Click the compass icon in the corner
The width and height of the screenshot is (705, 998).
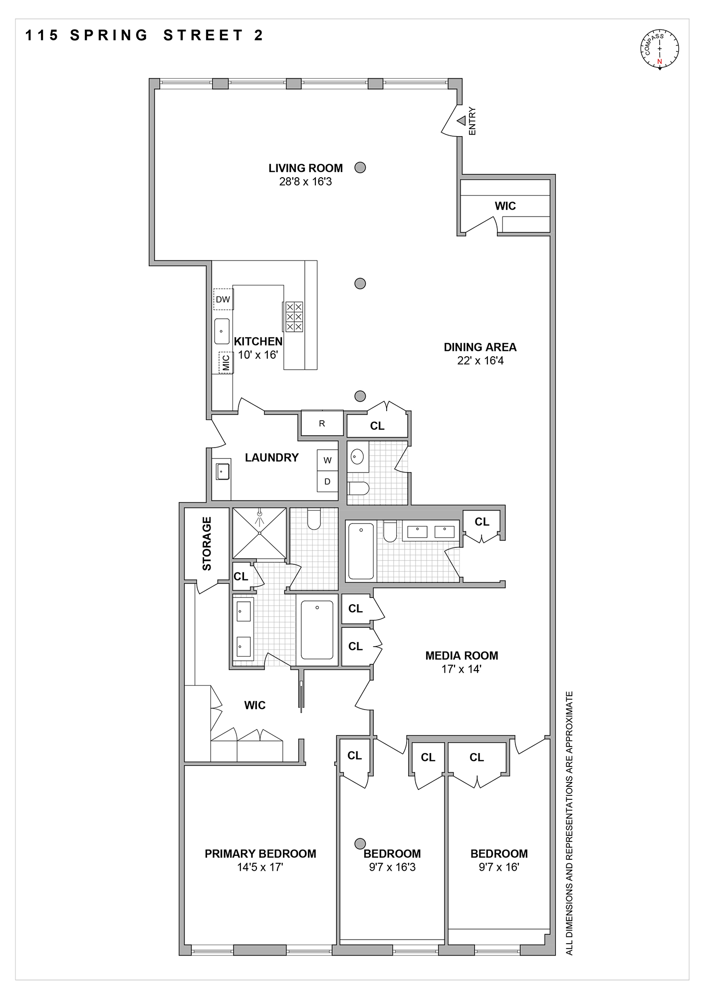pyautogui.click(x=660, y=48)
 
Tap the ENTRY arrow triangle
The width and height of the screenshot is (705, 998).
pyautogui.click(x=462, y=120)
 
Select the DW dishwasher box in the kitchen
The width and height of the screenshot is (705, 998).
pyautogui.click(x=223, y=299)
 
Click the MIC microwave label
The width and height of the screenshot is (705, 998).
pyautogui.click(x=226, y=363)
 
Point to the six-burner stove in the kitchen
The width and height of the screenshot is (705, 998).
pyautogui.click(x=294, y=316)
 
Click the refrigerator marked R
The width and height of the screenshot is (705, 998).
pyautogui.click(x=322, y=424)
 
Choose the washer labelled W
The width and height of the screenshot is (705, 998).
pyautogui.click(x=327, y=460)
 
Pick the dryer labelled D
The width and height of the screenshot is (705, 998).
pyautogui.click(x=327, y=482)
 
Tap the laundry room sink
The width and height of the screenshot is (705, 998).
pyautogui.click(x=223, y=472)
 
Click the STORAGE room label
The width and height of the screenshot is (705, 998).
pyautogui.click(x=207, y=543)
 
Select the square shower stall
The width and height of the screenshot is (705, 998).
pyautogui.click(x=259, y=533)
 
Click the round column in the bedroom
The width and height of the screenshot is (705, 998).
pyautogui.click(x=360, y=843)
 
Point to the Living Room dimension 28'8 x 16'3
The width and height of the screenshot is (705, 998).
pyautogui.click(x=305, y=182)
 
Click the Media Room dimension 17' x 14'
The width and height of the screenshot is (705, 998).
pyautogui.click(x=461, y=669)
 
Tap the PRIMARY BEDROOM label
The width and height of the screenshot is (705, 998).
pyautogui.click(x=260, y=854)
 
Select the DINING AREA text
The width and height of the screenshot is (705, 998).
pyautogui.click(x=480, y=347)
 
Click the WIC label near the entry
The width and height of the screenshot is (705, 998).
pyautogui.click(x=505, y=206)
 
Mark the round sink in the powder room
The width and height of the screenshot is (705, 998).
pyautogui.click(x=357, y=456)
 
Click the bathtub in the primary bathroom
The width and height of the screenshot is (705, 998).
pyautogui.click(x=317, y=630)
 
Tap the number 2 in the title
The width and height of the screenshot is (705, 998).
pyautogui.click(x=258, y=35)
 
